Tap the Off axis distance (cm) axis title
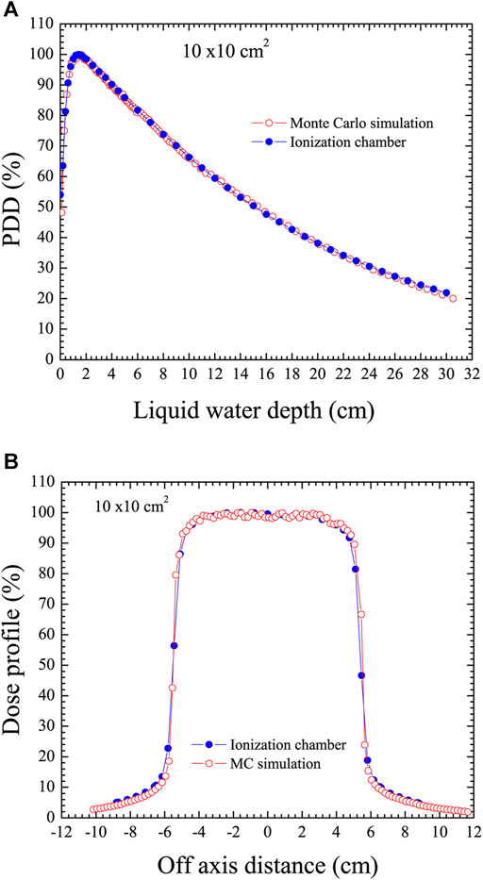click(266, 859)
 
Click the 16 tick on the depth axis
click(266, 374)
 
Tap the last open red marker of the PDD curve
click(453, 298)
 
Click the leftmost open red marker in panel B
click(92, 809)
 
